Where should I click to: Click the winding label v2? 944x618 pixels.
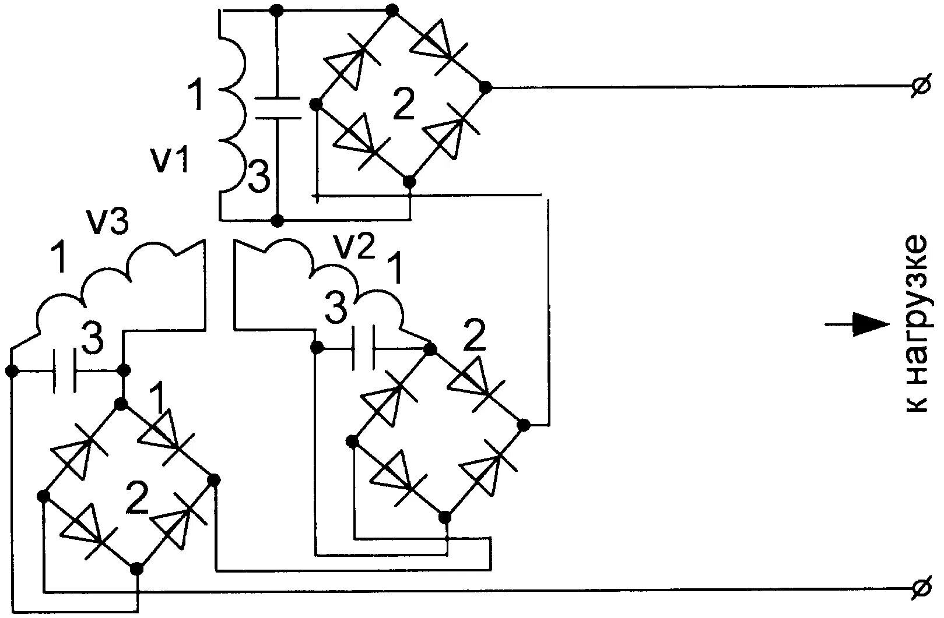point(353,248)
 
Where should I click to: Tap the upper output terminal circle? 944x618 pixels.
point(920,87)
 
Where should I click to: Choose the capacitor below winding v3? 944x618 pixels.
point(64,371)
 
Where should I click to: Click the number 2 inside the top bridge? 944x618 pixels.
point(403,105)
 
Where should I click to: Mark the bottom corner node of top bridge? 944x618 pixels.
point(409,182)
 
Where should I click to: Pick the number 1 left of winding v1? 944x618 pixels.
point(196,97)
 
